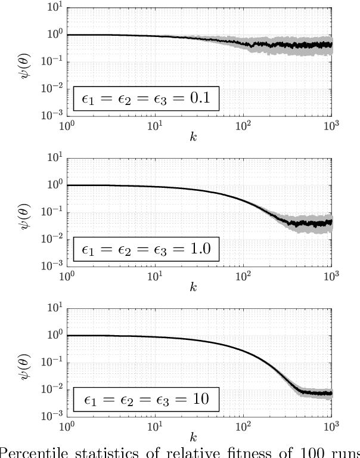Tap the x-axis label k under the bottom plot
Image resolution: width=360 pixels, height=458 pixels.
coord(194,438)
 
